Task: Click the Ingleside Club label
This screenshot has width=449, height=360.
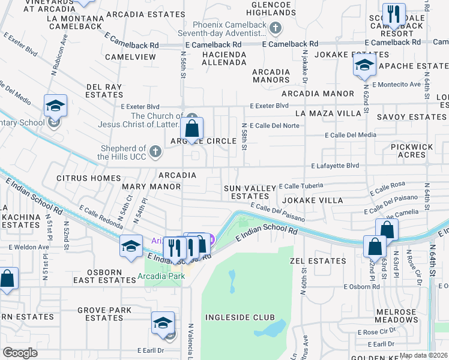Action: click(240, 317)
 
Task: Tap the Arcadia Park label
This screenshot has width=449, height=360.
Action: click(160, 276)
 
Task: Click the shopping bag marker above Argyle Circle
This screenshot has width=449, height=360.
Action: click(192, 128)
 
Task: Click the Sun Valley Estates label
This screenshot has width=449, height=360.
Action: click(250, 192)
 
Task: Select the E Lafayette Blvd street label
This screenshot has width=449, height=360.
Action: click(335, 166)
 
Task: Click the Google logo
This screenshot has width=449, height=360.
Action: click(20, 353)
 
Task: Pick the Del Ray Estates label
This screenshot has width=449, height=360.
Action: click(104, 91)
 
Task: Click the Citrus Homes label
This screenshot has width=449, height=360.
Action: click(88, 178)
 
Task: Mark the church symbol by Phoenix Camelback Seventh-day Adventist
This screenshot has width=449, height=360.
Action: click(275, 28)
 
